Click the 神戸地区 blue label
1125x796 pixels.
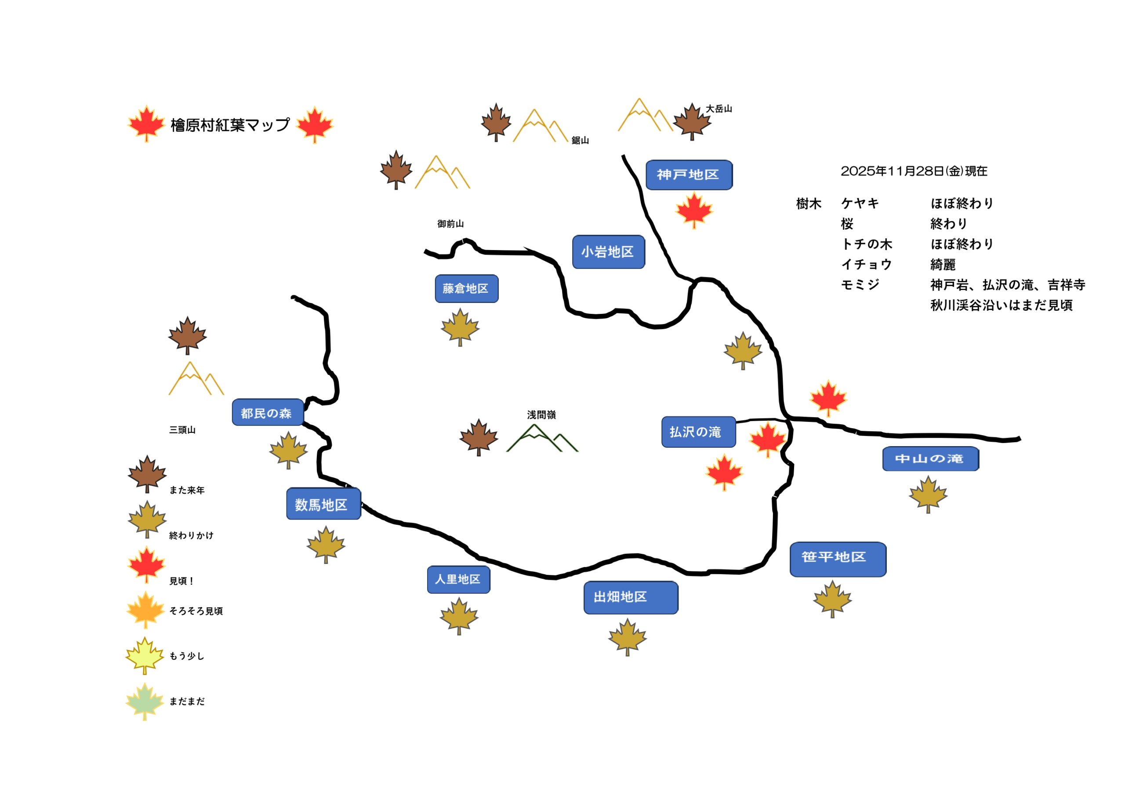[x=689, y=175]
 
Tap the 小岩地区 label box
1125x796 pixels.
[x=608, y=252]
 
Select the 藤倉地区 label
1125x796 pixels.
[x=466, y=289]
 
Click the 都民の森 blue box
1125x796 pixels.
[x=268, y=413]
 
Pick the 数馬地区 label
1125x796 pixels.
[x=323, y=504]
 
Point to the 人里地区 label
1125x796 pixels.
[x=458, y=579]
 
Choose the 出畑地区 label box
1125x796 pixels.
[x=630, y=597]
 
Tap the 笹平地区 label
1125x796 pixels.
[x=838, y=559]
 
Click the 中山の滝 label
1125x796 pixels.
[x=930, y=458]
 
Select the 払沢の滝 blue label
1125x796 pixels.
[x=698, y=432]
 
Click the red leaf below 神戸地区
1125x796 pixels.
[x=693, y=210]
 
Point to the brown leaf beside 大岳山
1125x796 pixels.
[x=691, y=121]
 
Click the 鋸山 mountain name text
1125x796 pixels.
[x=580, y=141]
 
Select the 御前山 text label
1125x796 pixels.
[x=450, y=224]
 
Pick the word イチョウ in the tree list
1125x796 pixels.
[x=866, y=265]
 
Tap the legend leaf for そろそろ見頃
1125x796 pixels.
[x=145, y=609]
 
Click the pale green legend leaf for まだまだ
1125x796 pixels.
[x=145, y=701]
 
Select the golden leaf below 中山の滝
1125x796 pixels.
[x=928, y=494]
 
